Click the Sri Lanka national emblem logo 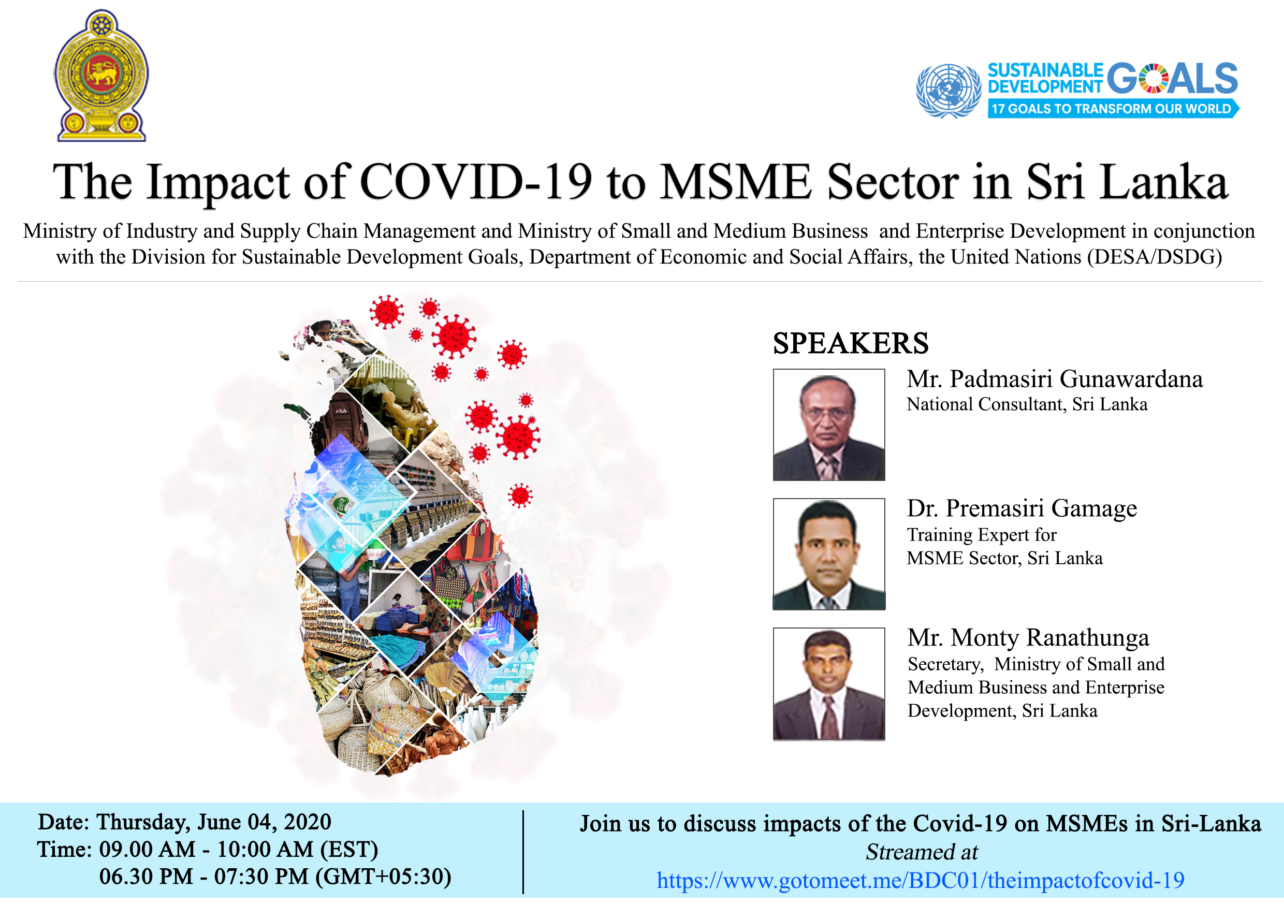click(x=101, y=76)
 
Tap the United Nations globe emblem click(x=948, y=91)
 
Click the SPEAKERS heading click(x=850, y=343)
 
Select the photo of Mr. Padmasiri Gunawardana click(x=829, y=425)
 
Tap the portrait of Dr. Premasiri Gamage click(x=829, y=554)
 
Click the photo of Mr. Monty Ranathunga click(x=829, y=684)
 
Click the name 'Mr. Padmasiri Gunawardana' click(x=1054, y=379)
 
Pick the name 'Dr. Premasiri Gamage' click(x=1022, y=508)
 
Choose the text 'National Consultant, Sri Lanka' click(x=1027, y=404)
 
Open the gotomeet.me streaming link click(x=921, y=880)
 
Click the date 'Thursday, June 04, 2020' click(x=214, y=822)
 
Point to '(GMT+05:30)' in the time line click(x=384, y=877)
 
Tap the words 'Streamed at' click(x=922, y=852)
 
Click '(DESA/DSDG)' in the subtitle click(x=1154, y=257)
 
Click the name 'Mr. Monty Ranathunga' click(x=1028, y=638)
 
